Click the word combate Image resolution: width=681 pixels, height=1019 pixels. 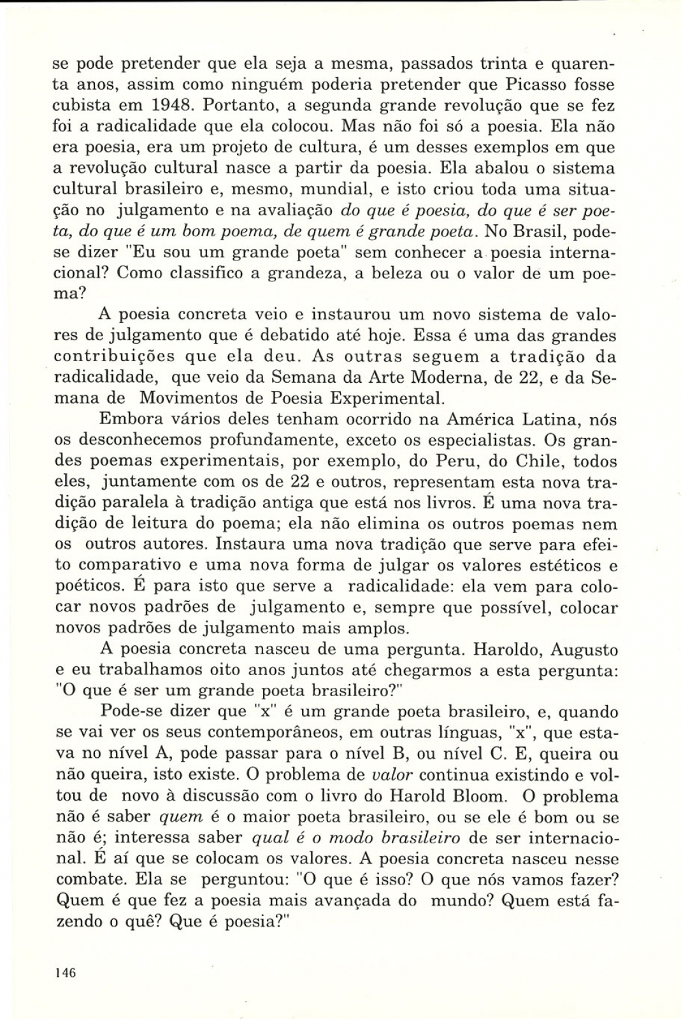90,880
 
